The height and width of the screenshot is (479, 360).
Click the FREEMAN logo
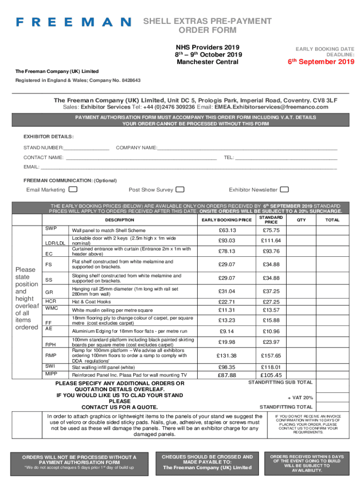tap(73, 22)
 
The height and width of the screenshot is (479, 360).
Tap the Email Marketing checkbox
tap(73, 189)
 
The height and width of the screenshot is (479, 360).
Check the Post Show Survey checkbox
tap(180, 189)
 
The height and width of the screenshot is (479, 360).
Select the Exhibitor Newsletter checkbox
tap(284, 189)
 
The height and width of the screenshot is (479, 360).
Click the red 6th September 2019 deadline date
tap(321, 62)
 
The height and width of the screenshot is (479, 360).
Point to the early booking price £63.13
tap(227, 230)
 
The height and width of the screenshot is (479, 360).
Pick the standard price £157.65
tap(271, 356)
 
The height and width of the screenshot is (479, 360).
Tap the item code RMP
tap(50, 356)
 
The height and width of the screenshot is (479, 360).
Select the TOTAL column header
tap(332, 219)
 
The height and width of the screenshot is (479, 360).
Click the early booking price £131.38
tap(227, 356)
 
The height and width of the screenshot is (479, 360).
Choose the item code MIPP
tap(51, 374)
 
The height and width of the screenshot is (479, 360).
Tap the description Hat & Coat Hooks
tap(91, 302)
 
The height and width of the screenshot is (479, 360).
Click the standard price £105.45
tap(271, 375)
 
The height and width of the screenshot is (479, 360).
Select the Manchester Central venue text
tap(207, 62)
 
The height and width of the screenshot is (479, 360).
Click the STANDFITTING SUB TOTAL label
tap(280, 382)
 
